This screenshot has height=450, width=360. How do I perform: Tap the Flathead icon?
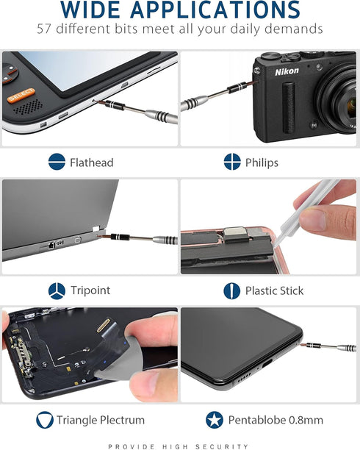(57, 162)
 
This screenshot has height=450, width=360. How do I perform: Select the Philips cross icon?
(232, 162)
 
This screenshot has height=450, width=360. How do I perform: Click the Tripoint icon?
(57, 290)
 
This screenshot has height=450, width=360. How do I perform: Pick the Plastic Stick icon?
(232, 290)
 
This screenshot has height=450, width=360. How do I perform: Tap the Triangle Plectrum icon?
(45, 421)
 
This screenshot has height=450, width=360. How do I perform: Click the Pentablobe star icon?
(215, 421)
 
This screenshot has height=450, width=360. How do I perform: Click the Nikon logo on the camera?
(287, 71)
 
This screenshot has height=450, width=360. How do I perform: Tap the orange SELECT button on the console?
(20, 95)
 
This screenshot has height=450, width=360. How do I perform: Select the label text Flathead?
(91, 162)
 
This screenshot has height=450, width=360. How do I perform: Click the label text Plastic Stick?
(274, 290)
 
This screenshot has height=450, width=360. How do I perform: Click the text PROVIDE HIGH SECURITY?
(179, 446)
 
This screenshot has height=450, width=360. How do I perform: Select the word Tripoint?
(90, 290)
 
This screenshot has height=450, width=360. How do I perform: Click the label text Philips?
(262, 162)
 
